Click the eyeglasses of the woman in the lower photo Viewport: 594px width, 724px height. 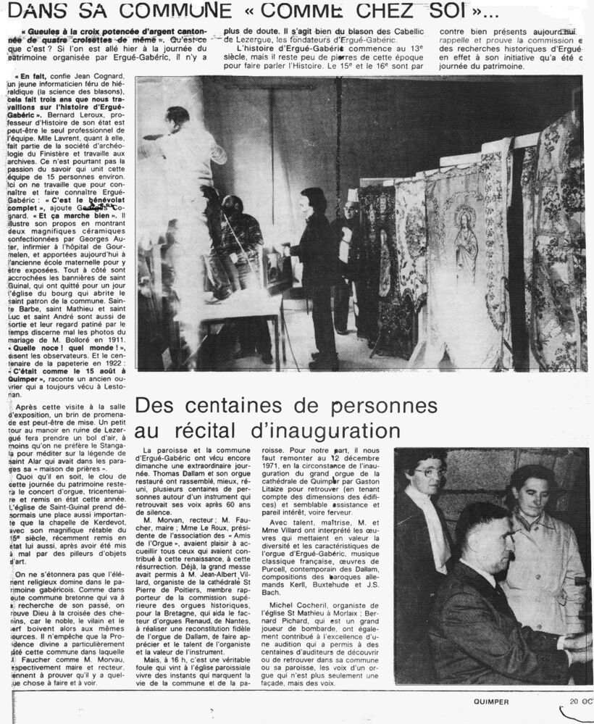click(431, 472)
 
